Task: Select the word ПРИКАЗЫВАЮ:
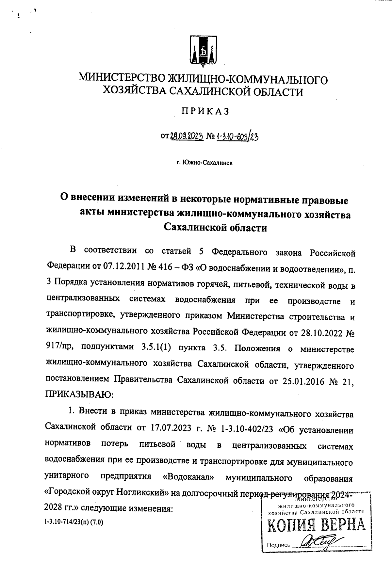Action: coord(79,394)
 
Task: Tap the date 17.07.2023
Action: coord(171,429)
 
